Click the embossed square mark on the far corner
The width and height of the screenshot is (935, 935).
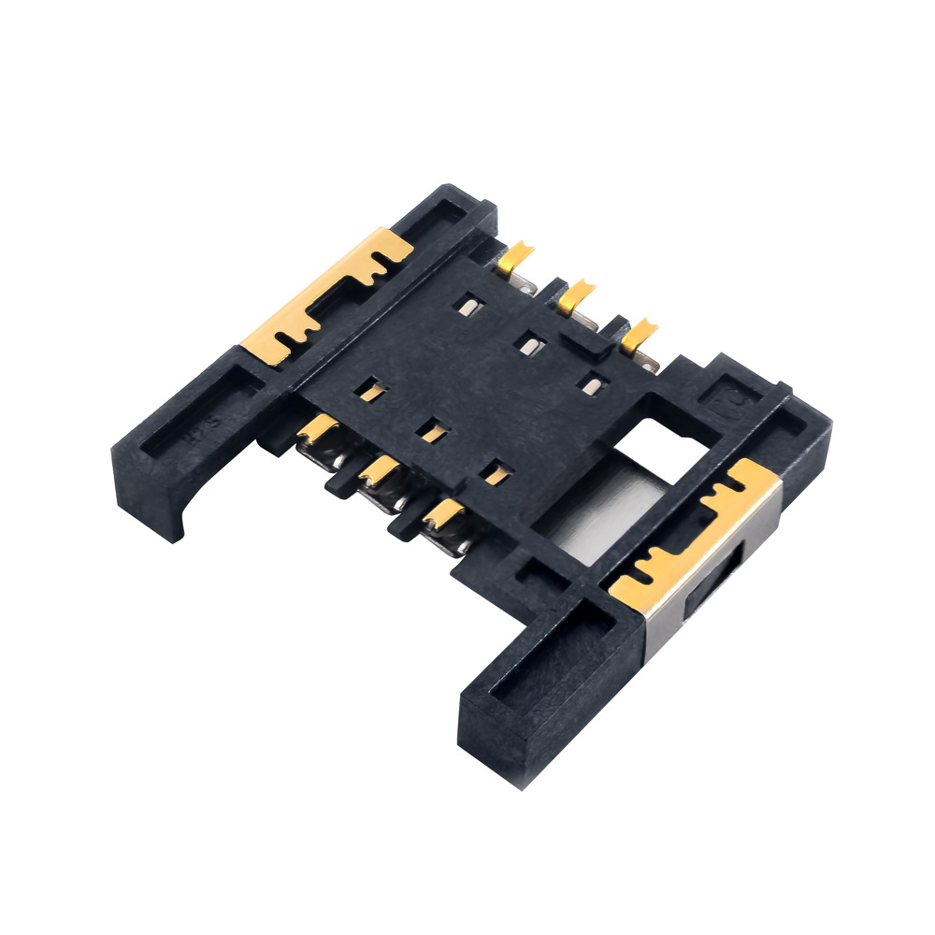click(731, 396)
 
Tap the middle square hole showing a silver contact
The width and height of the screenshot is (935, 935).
click(531, 345)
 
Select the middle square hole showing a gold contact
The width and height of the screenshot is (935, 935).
click(432, 431)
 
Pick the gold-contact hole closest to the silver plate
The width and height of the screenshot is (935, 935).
click(495, 473)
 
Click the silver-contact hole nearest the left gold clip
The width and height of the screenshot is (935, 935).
click(467, 305)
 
